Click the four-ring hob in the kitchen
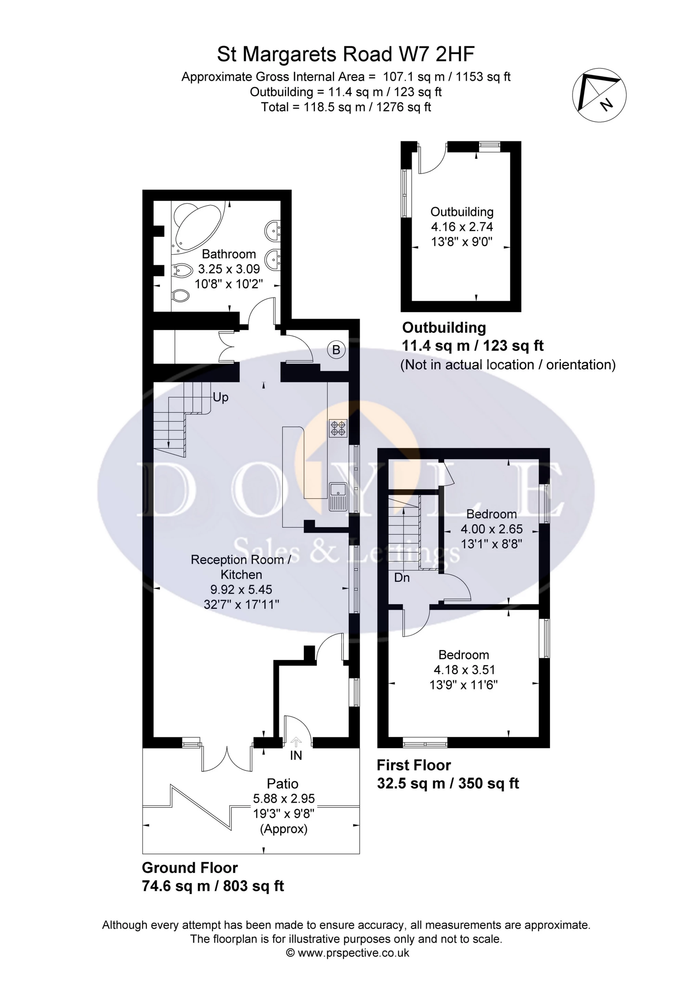[x=338, y=428]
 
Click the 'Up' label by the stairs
[x=220, y=397]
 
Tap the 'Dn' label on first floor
[x=402, y=578]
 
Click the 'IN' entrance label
[x=296, y=755]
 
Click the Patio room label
[x=282, y=783]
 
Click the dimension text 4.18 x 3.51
[x=464, y=670]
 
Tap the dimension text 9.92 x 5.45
[x=241, y=590]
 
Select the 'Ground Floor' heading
[x=190, y=868]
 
